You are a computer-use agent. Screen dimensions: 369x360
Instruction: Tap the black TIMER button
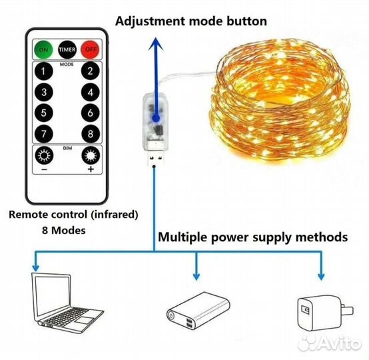click(x=67, y=49)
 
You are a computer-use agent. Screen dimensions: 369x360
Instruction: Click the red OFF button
click(x=90, y=49)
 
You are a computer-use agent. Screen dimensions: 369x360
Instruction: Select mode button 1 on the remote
click(x=44, y=71)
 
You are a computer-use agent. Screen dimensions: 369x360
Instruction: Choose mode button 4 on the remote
click(x=91, y=92)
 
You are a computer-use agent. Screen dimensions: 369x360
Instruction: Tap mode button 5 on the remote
click(x=44, y=113)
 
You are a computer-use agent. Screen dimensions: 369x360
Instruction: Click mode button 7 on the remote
click(x=44, y=134)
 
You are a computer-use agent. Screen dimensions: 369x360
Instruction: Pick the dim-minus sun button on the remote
click(x=44, y=155)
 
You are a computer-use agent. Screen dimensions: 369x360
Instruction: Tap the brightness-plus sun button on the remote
click(x=91, y=155)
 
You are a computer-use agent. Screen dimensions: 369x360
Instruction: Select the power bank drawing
click(x=198, y=311)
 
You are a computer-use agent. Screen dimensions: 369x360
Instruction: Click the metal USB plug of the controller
click(x=156, y=157)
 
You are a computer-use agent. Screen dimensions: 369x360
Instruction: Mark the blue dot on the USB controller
click(x=156, y=118)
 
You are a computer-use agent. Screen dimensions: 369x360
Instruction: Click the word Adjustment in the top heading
click(x=151, y=21)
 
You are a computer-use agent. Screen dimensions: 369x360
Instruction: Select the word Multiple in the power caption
click(x=183, y=237)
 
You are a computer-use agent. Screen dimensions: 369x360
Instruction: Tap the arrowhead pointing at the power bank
click(x=196, y=276)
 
